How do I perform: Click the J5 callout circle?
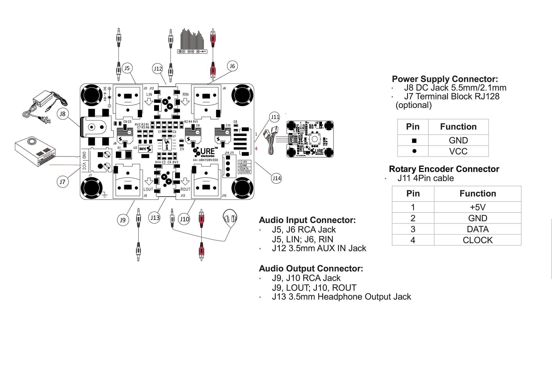tap(127, 68)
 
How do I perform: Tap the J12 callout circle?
tap(158, 69)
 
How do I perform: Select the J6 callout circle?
tap(232, 66)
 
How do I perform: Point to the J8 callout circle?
tap(62, 114)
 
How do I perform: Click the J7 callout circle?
tap(62, 182)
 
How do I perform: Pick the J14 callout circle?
tap(276, 178)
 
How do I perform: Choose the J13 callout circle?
tap(155, 218)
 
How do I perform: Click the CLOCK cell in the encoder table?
tap(477, 240)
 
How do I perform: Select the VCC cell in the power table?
tap(458, 151)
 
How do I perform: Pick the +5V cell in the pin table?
tap(477, 207)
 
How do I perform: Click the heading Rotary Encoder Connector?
tap(444, 169)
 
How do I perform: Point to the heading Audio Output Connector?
tap(311, 268)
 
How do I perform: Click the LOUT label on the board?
tap(148, 189)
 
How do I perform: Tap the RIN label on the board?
tap(185, 94)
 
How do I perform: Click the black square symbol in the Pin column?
tap(414, 141)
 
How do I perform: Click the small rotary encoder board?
tap(310, 139)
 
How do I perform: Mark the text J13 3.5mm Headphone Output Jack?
tap(341, 297)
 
